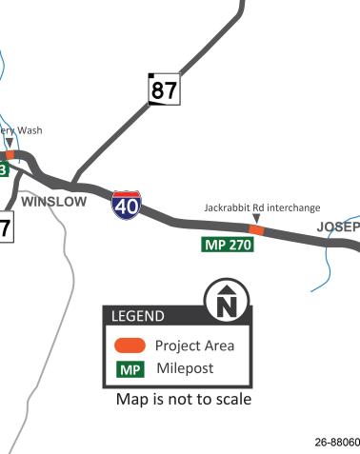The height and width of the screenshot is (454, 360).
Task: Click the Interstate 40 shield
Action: coord(127,204)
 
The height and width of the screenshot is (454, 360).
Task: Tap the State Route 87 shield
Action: coord(164,89)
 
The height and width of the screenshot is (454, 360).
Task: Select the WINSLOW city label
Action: coord(53,202)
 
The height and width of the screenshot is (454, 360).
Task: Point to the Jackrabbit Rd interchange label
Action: coord(262,207)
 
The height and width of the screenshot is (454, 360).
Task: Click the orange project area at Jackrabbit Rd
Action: coord(255,229)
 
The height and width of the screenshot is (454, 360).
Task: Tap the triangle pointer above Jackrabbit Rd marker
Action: coord(254,219)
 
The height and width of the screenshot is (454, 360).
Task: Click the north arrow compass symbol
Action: coord(227,302)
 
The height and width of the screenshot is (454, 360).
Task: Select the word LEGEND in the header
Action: coord(138,316)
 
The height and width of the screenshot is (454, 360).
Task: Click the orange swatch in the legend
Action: coord(130,345)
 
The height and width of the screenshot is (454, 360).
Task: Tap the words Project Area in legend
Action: coord(194,345)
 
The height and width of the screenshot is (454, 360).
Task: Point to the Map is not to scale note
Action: coord(183,400)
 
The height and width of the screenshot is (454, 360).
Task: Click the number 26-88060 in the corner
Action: coord(336,443)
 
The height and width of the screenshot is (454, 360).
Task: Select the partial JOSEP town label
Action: coord(338,227)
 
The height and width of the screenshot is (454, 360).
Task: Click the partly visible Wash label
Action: coord(24,131)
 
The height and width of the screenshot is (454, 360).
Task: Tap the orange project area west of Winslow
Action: coord(9,154)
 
